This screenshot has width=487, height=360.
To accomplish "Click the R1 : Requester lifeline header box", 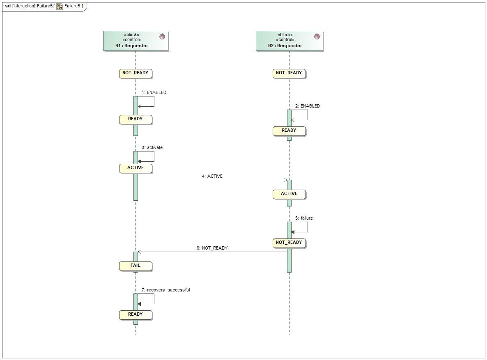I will click(x=136, y=41).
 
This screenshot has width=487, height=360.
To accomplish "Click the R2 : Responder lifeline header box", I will click(x=289, y=41).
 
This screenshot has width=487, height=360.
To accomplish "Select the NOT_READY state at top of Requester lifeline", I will click(x=136, y=73).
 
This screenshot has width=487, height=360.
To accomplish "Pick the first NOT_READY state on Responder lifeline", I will click(x=289, y=73).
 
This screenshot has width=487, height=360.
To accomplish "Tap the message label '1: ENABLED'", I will click(x=154, y=93).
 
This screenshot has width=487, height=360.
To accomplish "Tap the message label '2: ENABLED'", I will click(x=308, y=106).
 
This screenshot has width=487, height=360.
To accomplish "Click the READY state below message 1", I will click(x=136, y=119).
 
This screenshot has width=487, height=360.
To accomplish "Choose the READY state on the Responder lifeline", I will click(x=289, y=131).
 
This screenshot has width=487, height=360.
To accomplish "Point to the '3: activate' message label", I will click(x=152, y=148).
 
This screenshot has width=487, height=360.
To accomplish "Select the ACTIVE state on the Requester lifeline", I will click(x=136, y=168).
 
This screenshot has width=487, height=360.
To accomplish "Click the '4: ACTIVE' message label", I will click(x=212, y=177).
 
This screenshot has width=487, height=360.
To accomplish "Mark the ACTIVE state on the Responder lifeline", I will click(x=289, y=194).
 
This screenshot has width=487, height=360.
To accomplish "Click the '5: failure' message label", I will click(x=304, y=218).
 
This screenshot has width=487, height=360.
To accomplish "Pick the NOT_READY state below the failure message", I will click(x=289, y=243).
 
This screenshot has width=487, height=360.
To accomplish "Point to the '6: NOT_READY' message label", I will click(x=212, y=248).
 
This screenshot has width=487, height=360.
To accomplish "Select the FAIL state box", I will click(x=136, y=266).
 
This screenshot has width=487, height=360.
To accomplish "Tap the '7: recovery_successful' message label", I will click(x=166, y=290).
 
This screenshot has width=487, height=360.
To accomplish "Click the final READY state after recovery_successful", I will click(x=136, y=315).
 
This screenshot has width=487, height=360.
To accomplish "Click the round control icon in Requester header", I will click(x=162, y=37).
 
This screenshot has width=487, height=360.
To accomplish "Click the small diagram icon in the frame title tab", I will click(x=60, y=6).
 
